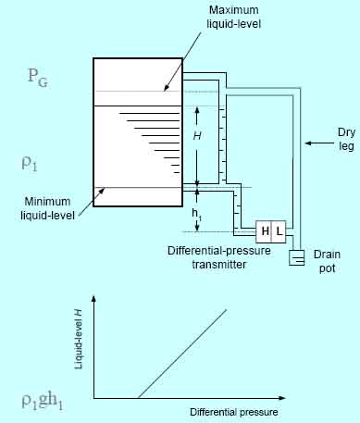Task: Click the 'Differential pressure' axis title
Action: [x=233, y=411]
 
